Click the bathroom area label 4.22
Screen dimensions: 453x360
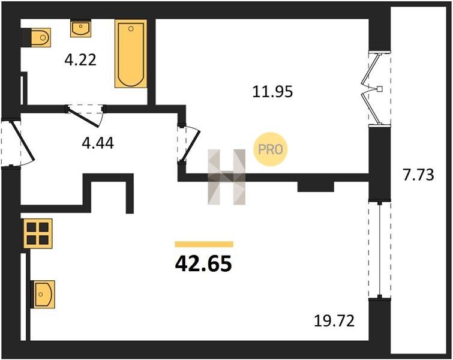pyautogui.click(x=80, y=61)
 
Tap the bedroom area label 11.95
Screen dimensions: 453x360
pyautogui.click(x=272, y=92)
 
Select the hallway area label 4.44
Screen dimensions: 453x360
pyautogui.click(x=98, y=143)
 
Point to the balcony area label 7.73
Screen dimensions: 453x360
pyautogui.click(x=418, y=175)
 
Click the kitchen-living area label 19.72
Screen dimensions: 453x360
pyautogui.click(x=334, y=321)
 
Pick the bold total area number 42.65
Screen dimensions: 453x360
pyautogui.click(x=203, y=264)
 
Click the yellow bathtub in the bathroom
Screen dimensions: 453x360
pyautogui.click(x=131, y=53)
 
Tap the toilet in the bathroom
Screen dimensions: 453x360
pyautogui.click(x=36, y=37)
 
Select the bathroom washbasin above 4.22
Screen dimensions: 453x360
pyautogui.click(x=80, y=28)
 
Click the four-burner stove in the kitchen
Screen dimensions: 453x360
pyautogui.click(x=38, y=233)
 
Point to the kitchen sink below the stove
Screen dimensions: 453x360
pyautogui.click(x=43, y=295)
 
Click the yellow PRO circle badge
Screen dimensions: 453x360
pyautogui.click(x=271, y=149)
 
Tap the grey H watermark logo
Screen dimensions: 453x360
pyautogui.click(x=227, y=177)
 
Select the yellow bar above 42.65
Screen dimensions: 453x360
pyautogui.click(x=204, y=244)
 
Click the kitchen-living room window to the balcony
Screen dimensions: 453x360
pyautogui.click(x=380, y=250)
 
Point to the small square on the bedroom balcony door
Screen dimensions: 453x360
pyautogui.click(x=380, y=89)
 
